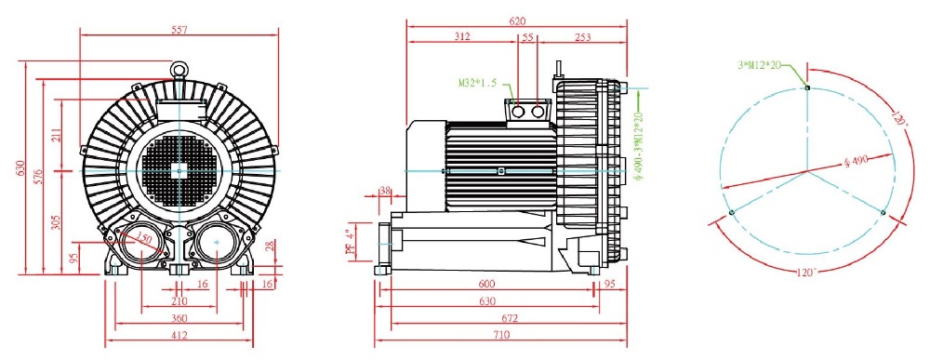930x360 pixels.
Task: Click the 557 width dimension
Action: pos(179,30)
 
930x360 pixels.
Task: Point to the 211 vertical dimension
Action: pos(57,135)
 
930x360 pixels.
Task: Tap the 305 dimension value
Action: pos(57,222)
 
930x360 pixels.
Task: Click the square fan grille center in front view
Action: pos(179,170)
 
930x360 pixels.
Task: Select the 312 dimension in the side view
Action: pos(462,37)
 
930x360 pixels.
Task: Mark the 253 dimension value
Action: pos(583,37)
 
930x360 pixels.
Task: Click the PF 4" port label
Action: pos(351,243)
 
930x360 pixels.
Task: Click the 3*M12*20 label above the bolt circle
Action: pos(758,65)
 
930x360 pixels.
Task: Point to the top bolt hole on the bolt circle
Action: pos(807,87)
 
